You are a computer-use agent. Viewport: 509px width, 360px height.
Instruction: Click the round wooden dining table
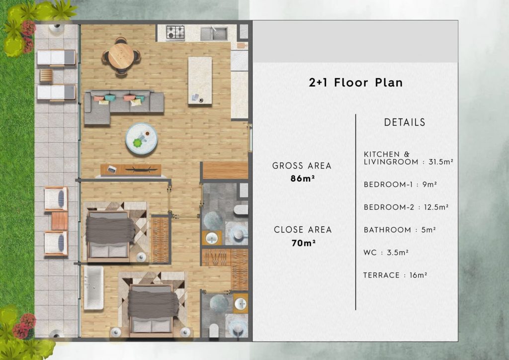(121, 56)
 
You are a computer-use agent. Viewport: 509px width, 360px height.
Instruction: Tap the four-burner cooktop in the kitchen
(175, 33)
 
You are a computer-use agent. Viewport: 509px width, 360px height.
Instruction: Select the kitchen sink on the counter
(214, 33)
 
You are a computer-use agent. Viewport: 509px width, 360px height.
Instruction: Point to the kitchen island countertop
(200, 80)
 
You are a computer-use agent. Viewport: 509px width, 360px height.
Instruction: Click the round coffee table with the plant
(141, 138)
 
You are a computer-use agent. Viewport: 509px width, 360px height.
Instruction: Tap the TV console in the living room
(131, 170)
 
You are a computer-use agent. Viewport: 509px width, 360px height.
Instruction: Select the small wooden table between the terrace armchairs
(60, 220)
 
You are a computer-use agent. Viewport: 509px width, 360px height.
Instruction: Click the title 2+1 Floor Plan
(355, 83)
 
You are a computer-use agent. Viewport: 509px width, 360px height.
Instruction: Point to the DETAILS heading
(405, 122)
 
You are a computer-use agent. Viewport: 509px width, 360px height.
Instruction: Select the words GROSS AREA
(302, 166)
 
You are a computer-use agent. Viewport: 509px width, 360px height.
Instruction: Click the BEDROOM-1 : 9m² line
(400, 184)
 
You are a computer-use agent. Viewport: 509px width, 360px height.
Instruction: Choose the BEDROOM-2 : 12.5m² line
(406, 207)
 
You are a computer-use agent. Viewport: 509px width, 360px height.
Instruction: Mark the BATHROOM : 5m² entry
(400, 230)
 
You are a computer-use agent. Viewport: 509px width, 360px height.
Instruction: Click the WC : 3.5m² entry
(386, 253)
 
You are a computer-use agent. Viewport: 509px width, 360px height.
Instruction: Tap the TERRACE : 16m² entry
(395, 275)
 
